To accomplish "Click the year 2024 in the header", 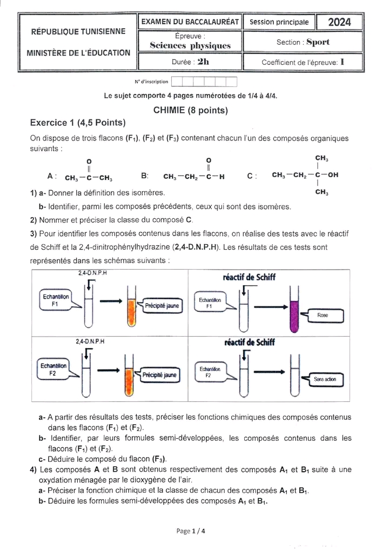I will pos(339,22).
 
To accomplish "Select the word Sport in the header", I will pos(318,42).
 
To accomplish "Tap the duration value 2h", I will pos(203,62).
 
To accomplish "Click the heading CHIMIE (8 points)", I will pos(191,110).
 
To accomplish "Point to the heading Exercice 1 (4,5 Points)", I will pos(78,123).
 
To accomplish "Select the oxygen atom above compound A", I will pos(89,161).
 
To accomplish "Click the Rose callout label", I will pos(323,315).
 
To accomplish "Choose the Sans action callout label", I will pos(325,379).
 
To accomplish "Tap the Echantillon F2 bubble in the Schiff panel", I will pos(209,372).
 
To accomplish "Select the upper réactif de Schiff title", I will pos(249,277).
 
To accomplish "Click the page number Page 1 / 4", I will pos(191,531).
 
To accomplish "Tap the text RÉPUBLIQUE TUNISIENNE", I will pos(78,31).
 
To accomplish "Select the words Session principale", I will pos(279,22).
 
